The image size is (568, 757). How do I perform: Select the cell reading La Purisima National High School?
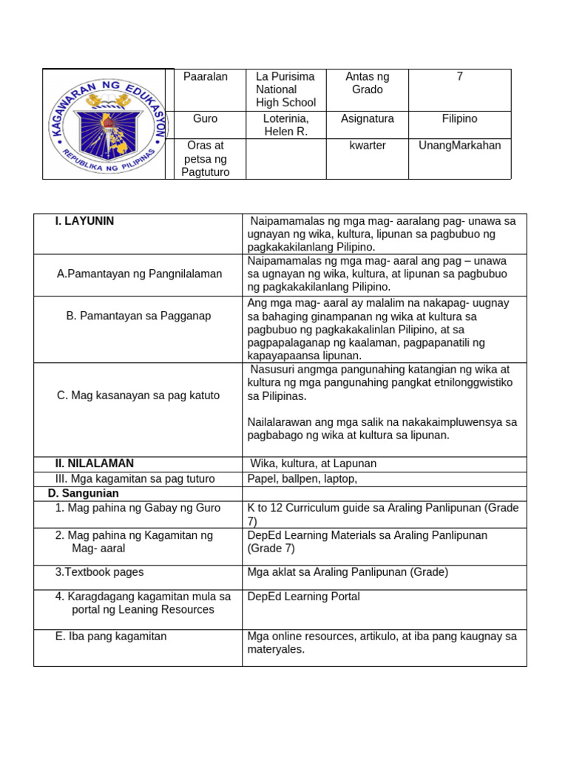(x=285, y=89)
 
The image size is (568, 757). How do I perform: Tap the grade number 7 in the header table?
(x=459, y=77)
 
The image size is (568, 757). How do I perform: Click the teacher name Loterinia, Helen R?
(x=285, y=125)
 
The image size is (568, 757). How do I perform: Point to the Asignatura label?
(x=368, y=118)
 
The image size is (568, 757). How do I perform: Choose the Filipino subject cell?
(x=459, y=118)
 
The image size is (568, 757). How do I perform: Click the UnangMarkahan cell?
(x=459, y=145)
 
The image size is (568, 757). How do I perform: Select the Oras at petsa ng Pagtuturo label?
(x=206, y=158)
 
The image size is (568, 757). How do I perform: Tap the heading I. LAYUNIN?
(x=84, y=221)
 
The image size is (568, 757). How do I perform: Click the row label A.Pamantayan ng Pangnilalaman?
(x=139, y=274)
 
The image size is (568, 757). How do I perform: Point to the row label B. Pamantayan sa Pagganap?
(x=139, y=316)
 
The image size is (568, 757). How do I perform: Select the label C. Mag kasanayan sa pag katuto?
(x=138, y=395)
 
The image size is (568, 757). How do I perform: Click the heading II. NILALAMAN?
(x=95, y=464)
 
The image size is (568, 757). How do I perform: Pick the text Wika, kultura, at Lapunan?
(x=314, y=464)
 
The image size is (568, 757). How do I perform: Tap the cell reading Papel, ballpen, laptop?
(x=302, y=479)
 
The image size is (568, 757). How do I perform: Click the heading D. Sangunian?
(x=78, y=493)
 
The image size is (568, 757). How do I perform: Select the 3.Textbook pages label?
(x=100, y=571)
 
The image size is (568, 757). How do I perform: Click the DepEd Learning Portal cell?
(x=304, y=597)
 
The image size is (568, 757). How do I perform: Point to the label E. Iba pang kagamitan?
(x=111, y=636)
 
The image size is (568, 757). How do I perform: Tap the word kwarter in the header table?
(x=368, y=145)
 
